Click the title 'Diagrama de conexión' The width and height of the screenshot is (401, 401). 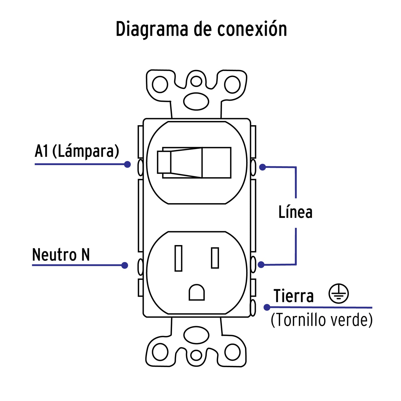[x=201, y=29]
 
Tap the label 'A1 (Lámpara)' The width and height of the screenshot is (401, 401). [x=77, y=151]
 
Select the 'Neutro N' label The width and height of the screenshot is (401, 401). [x=61, y=254]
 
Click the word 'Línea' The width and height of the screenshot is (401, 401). [x=295, y=212]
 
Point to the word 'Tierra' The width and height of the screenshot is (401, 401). [x=294, y=296]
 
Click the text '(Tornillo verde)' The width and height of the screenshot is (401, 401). [x=322, y=320]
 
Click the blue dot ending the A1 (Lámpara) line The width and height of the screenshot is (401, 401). [x=127, y=164]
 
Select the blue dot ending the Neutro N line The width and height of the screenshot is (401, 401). [x=125, y=265]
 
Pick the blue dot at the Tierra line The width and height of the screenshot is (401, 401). [x=267, y=307]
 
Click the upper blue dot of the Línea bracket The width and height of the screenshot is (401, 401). [x=263, y=167]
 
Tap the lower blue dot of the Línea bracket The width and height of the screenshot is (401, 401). [x=261, y=265]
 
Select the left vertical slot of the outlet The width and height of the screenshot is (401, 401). [x=178, y=258]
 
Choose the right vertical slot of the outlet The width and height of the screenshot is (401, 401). [x=215, y=258]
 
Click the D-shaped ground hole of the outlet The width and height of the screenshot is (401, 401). [x=196, y=292]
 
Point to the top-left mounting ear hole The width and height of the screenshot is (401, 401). [x=160, y=84]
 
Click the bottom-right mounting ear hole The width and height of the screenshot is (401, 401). [x=232, y=352]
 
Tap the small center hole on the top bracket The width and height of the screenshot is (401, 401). [x=196, y=82]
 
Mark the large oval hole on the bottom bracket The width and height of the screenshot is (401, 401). [x=196, y=335]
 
